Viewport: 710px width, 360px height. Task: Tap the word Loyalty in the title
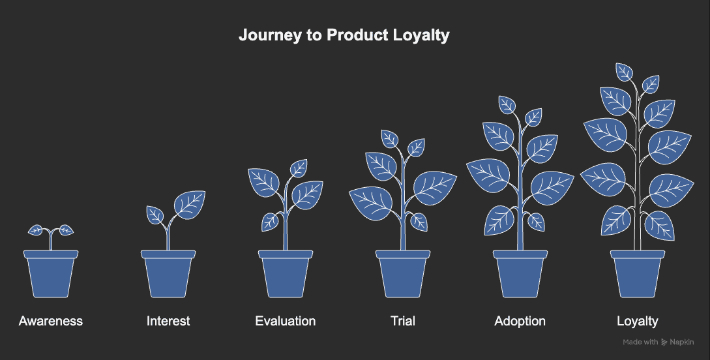pyautogui.click(x=422, y=35)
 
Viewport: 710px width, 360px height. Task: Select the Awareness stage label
pyautogui.click(x=51, y=321)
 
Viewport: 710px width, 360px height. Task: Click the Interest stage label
pyautogui.click(x=168, y=321)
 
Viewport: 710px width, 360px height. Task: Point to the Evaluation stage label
pyautogui.click(x=286, y=321)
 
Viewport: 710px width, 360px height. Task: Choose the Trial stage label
pyautogui.click(x=403, y=321)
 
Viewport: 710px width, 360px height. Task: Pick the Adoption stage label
pyautogui.click(x=520, y=321)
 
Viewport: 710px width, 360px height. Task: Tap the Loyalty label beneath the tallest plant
pyautogui.click(x=638, y=321)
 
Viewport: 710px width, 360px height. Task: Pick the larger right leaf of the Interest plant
pyautogui.click(x=190, y=204)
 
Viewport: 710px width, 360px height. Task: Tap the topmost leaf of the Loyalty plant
pyautogui.click(x=625, y=72)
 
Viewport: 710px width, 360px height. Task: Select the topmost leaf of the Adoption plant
pyautogui.click(x=507, y=104)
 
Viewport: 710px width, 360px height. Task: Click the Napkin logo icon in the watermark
pyautogui.click(x=664, y=342)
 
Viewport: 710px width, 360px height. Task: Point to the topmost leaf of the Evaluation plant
pyautogui.click(x=299, y=168)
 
